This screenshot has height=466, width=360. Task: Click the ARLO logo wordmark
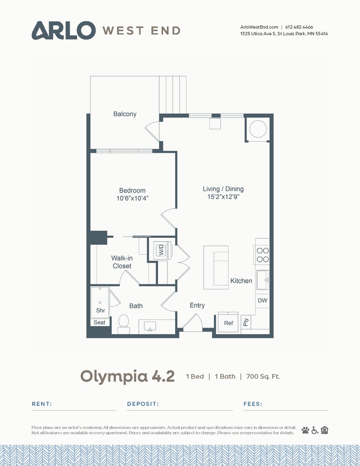[x=64, y=30]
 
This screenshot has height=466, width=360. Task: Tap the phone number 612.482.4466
[x=299, y=27]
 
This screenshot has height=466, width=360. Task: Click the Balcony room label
[x=125, y=114]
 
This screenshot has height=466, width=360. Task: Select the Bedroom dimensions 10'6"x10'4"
[x=132, y=198]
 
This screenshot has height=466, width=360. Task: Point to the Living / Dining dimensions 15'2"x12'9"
[x=223, y=197]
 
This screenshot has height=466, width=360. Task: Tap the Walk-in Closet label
[x=122, y=262]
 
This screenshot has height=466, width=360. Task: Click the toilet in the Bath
[x=123, y=324]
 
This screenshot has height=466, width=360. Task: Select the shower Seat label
[x=99, y=323]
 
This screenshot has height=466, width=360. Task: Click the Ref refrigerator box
[x=228, y=323]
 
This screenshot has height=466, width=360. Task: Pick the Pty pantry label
[x=246, y=322]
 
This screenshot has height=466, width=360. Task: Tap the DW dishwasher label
[x=263, y=300]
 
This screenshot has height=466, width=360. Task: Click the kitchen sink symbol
[x=263, y=280]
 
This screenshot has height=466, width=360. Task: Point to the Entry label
[x=197, y=305]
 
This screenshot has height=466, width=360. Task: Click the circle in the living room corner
[x=258, y=129]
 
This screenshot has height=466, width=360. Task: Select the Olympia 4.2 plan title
[x=127, y=377]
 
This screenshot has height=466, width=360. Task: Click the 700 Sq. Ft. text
[x=263, y=376]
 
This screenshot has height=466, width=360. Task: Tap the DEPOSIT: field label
[x=143, y=404]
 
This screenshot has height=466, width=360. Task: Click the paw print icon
[x=305, y=430]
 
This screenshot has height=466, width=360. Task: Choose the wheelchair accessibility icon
[x=315, y=430]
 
